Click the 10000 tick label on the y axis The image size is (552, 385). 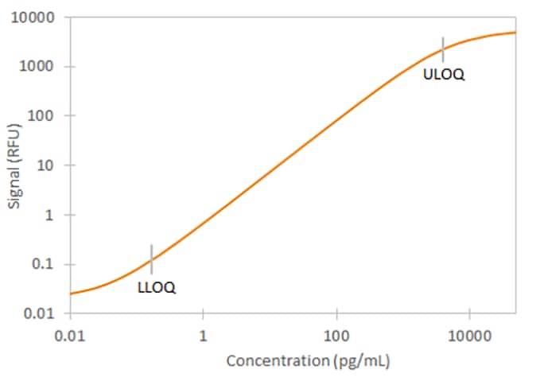pyautogui.click(x=38, y=17)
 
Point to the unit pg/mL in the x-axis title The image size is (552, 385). pyautogui.click(x=360, y=360)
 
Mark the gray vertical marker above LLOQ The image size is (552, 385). pyautogui.click(x=151, y=259)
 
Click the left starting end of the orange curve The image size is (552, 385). pyautogui.click(x=72, y=294)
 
